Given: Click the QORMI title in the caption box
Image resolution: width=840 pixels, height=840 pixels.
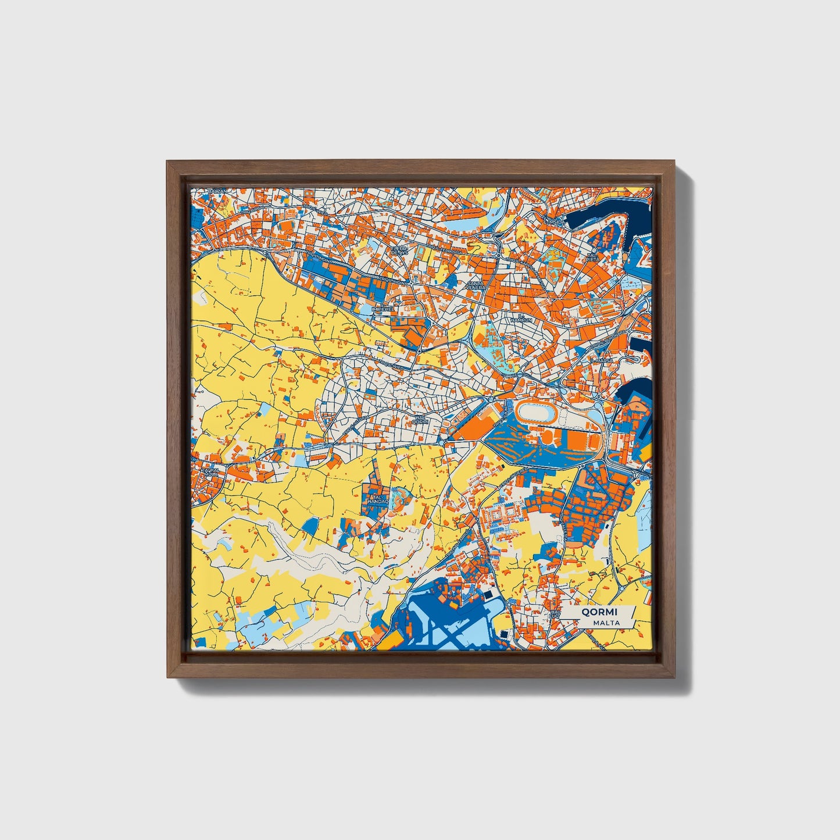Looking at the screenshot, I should [x=598, y=612].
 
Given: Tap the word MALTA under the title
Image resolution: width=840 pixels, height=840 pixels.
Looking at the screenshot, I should [x=606, y=623].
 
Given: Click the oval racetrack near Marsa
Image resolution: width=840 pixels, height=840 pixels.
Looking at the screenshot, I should [x=537, y=413].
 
